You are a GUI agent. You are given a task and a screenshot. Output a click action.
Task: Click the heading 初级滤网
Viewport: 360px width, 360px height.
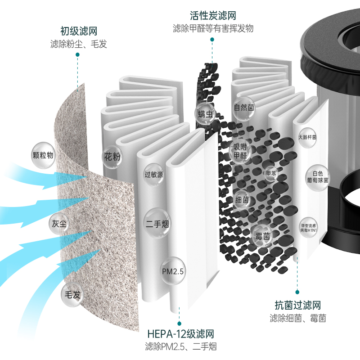[x=79, y=31]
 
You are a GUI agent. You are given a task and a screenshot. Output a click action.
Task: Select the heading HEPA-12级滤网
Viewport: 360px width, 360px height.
[x=180, y=334]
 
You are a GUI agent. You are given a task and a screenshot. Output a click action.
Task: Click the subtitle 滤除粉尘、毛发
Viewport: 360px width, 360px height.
[x=79, y=44]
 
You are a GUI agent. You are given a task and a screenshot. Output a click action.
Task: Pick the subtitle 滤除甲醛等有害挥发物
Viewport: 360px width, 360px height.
[x=213, y=28]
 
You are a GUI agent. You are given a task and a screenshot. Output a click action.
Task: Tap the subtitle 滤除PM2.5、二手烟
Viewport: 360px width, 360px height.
[x=180, y=347]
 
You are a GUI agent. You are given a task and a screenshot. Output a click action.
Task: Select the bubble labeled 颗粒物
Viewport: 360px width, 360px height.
[x=43, y=155]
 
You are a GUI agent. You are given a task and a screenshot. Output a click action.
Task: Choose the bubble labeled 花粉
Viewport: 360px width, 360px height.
[x=112, y=157]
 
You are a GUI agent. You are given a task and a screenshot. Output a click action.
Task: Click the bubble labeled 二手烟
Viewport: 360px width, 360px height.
[x=157, y=223]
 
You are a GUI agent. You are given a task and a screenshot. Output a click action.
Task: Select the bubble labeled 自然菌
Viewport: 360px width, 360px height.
[x=244, y=108]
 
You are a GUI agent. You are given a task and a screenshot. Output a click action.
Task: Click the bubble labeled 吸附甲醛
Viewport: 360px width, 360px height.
[x=240, y=151]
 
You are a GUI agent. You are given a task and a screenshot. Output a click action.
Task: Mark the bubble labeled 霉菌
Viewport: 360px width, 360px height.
[x=262, y=236]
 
